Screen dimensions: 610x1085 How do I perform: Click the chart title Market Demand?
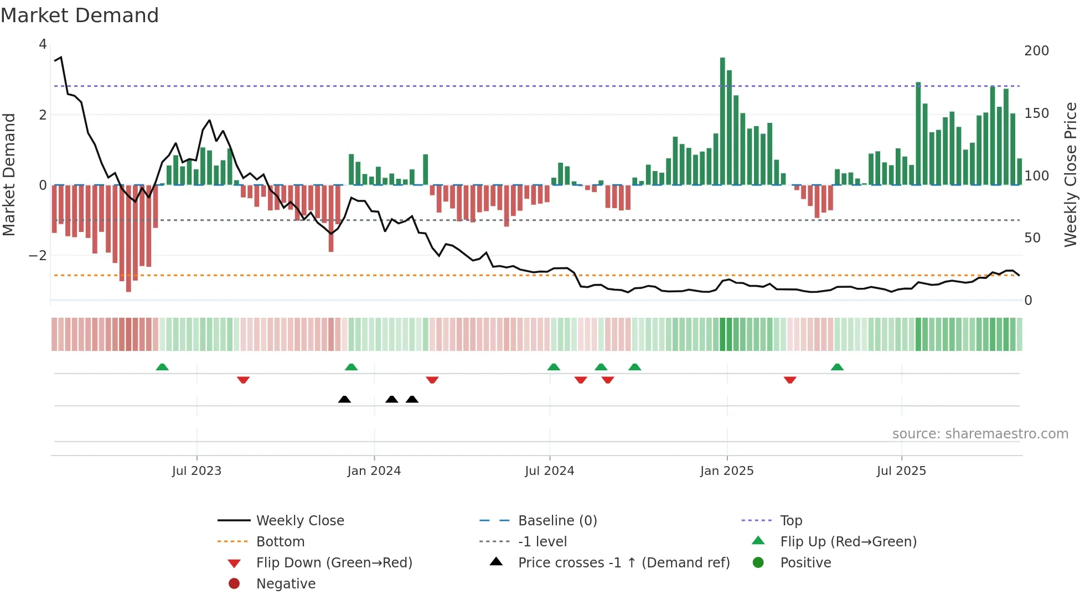[x=80, y=15]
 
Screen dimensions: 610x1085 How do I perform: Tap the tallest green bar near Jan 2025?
[x=722, y=122]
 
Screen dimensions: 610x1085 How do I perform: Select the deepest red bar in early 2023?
[x=128, y=238]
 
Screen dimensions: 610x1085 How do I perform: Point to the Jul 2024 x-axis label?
[x=549, y=471]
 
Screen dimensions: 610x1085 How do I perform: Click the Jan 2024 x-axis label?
[x=374, y=471]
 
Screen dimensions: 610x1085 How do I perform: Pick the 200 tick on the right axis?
[x=1036, y=51]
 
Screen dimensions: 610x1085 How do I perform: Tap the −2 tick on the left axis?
[x=38, y=256]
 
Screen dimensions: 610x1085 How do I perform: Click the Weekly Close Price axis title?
[x=1071, y=174]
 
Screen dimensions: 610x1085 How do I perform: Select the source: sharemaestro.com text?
[x=980, y=434]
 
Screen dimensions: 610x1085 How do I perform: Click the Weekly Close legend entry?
[x=299, y=521]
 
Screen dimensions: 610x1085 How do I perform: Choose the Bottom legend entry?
[x=280, y=542]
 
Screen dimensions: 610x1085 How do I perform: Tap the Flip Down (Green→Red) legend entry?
[x=334, y=563]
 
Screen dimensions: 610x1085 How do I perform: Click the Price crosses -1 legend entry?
[x=623, y=563]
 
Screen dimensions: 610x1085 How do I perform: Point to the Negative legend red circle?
[x=234, y=584]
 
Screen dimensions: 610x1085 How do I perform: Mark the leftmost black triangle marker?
[x=344, y=399]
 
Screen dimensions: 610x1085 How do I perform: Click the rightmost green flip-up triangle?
[x=837, y=367]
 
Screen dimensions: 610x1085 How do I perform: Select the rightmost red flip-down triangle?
[x=790, y=380]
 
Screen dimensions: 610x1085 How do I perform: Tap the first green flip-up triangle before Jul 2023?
[x=162, y=367]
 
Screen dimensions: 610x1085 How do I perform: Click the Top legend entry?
[x=790, y=521]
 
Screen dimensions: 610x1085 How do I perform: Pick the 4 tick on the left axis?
[x=43, y=44]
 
